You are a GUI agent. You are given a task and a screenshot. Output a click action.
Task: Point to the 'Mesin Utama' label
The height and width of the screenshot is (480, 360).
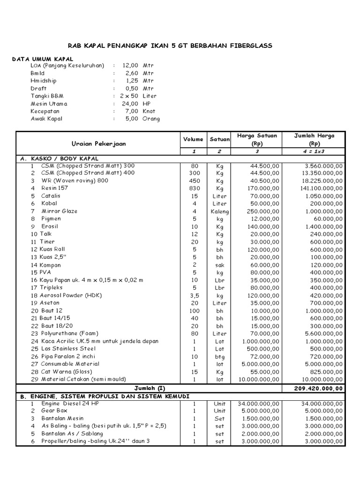(x=49, y=104)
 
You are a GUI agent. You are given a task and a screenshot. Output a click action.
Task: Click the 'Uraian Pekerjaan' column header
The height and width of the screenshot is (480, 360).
(x=98, y=143)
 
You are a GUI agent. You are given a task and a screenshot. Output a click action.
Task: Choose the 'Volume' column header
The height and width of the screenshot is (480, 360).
(x=193, y=139)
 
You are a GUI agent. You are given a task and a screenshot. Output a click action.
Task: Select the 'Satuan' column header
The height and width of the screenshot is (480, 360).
(x=220, y=139)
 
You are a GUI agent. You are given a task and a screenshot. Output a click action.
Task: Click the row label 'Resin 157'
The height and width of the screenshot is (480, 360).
(x=54, y=188)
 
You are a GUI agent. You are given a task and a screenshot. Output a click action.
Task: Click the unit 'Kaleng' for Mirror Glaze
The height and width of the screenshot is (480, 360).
(x=220, y=211)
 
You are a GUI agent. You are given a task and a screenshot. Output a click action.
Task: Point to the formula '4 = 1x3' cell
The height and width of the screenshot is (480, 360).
(x=314, y=152)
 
